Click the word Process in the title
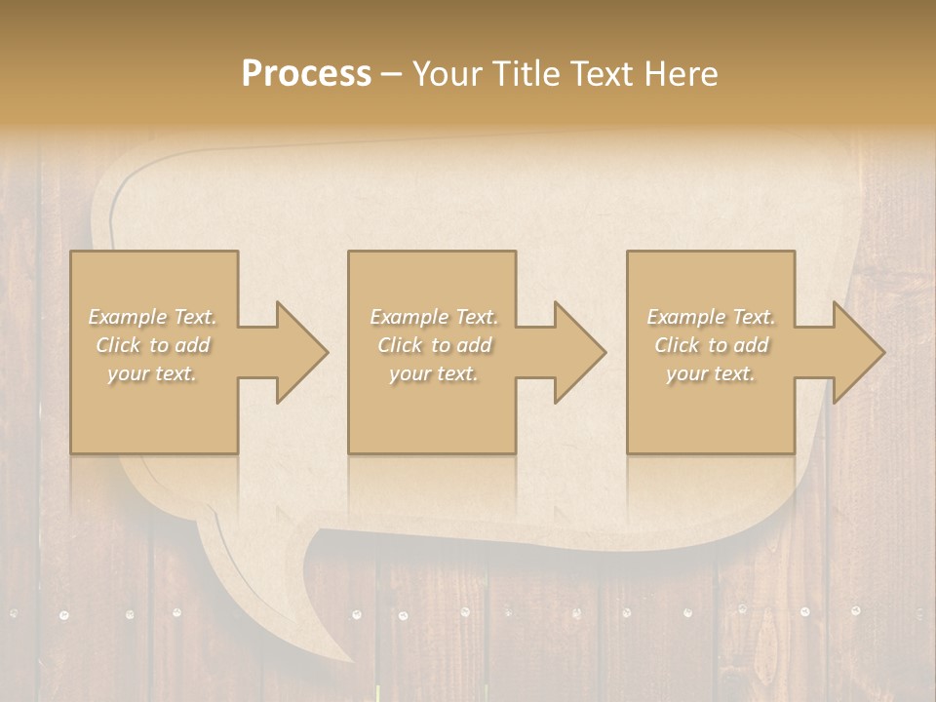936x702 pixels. [306, 74]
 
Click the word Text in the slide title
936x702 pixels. [604, 74]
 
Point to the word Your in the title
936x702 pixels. [448, 74]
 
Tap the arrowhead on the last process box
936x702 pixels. [858, 352]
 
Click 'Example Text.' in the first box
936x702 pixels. [153, 317]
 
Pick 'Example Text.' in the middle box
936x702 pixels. [434, 317]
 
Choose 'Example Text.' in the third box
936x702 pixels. [711, 317]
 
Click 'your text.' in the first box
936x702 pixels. [152, 373]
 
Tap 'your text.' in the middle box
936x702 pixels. [434, 373]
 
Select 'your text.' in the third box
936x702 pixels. [711, 373]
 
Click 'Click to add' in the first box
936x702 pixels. [153, 345]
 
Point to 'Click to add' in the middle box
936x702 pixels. [434, 345]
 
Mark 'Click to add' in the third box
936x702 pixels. [711, 345]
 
